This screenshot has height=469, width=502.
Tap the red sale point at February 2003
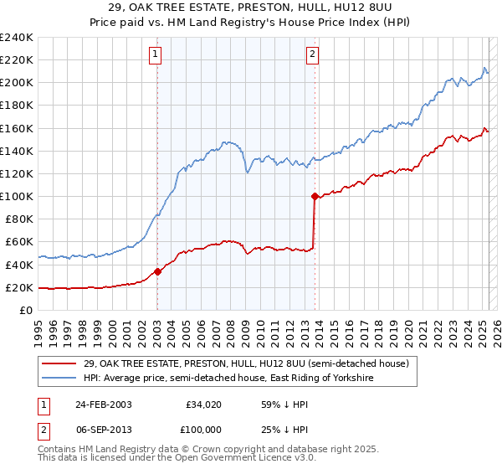click(157, 271)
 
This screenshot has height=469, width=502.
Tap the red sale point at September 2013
click(315, 196)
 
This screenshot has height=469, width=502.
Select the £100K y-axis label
click(16, 196)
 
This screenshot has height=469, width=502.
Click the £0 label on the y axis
click(25, 310)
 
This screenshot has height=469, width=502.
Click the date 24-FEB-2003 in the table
click(103, 405)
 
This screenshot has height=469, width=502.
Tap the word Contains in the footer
click(58, 451)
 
